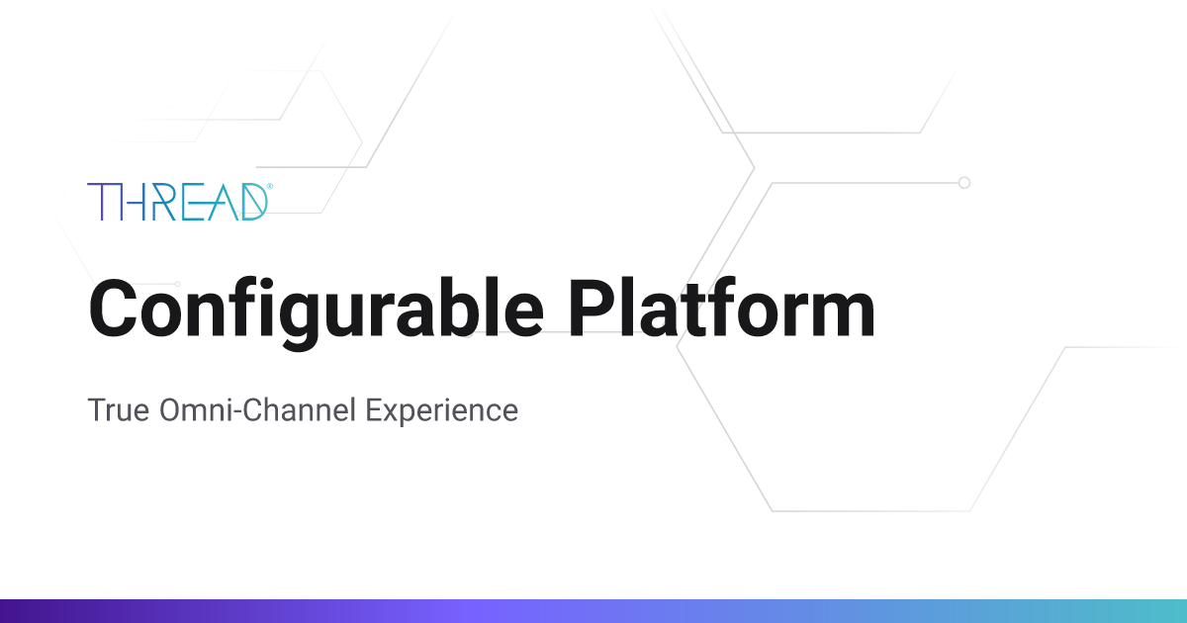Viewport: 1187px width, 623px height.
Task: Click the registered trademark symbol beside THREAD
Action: coord(269,185)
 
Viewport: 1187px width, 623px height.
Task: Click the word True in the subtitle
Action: coord(119,409)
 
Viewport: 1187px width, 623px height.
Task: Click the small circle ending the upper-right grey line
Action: coord(964,183)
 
